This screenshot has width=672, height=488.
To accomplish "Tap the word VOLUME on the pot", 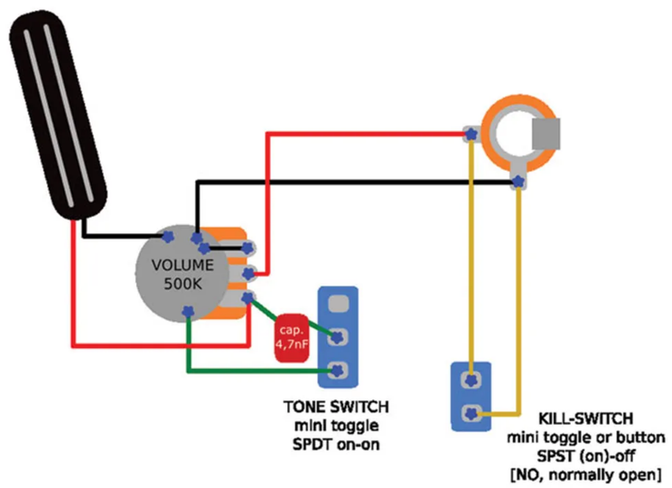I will [x=182, y=266].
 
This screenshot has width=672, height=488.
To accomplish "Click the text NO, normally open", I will [x=587, y=472].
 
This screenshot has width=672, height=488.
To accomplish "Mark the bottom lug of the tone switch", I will [x=339, y=371].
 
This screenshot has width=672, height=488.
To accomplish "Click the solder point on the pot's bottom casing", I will [x=187, y=312].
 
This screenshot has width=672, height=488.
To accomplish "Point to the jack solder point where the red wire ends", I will [x=470, y=135].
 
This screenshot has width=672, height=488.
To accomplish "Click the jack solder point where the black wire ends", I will [x=517, y=183].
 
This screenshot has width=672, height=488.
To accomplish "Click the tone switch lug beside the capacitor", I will [x=339, y=338].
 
